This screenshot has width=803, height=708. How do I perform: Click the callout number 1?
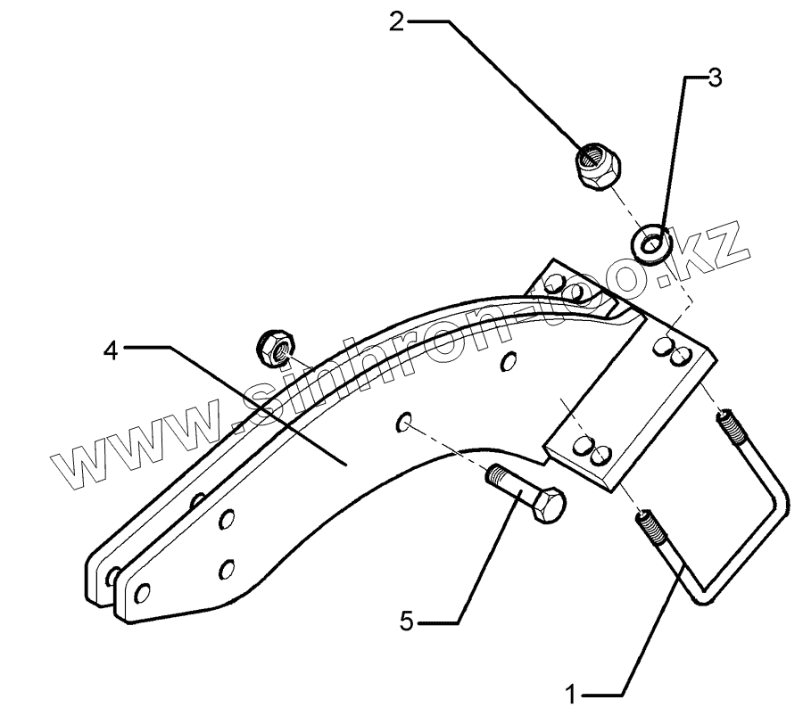[x=573, y=691]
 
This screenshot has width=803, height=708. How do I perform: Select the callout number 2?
[x=396, y=20]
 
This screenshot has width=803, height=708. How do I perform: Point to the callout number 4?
[x=110, y=350]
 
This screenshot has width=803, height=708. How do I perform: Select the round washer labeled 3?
[x=653, y=242]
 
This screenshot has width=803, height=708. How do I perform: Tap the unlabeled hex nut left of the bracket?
[x=277, y=348]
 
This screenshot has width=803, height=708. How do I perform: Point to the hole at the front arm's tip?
[x=139, y=590]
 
